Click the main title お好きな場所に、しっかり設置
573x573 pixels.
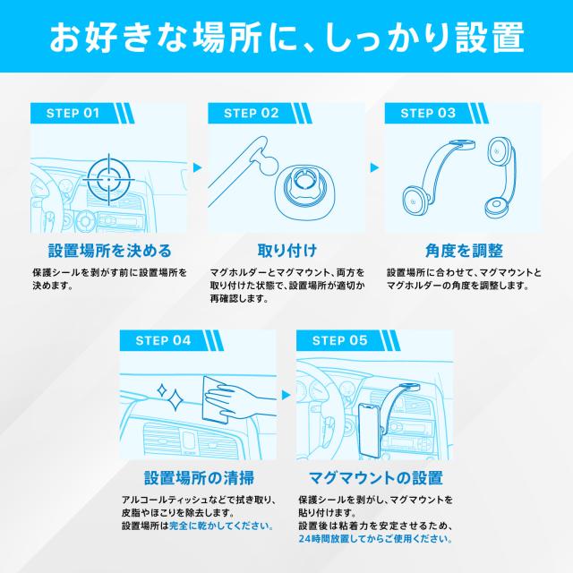286,38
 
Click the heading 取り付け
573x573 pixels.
286,250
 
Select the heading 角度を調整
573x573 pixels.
463,250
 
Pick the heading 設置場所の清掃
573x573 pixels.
198,477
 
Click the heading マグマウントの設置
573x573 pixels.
374,477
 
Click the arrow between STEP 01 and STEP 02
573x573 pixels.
197,167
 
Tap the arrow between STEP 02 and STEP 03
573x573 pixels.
374,167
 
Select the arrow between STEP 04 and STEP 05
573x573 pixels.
286,393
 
